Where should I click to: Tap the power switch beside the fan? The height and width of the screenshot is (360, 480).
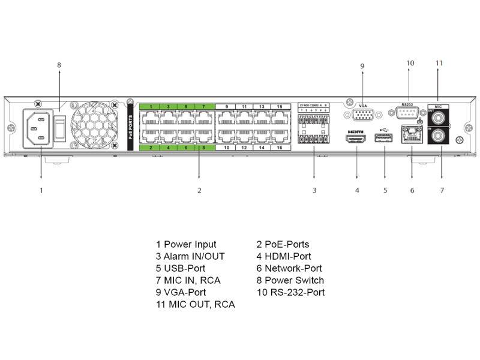point(60,125)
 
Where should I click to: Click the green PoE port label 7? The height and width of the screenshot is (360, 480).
point(204,107)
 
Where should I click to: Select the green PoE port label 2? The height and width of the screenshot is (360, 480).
point(151,147)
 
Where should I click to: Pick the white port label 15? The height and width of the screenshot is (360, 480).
point(280,107)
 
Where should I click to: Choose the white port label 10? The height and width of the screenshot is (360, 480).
point(226,147)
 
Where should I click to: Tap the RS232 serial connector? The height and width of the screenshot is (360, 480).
point(409,114)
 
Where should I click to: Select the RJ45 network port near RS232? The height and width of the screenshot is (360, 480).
point(412,138)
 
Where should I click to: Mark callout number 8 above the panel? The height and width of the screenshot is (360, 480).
point(59,65)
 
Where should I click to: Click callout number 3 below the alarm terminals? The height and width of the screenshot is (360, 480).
point(314,191)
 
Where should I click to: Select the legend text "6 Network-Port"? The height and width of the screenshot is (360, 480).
point(289,268)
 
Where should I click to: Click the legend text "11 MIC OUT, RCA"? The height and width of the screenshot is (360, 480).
point(195,304)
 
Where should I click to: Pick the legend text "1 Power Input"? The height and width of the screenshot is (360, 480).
point(186,244)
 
